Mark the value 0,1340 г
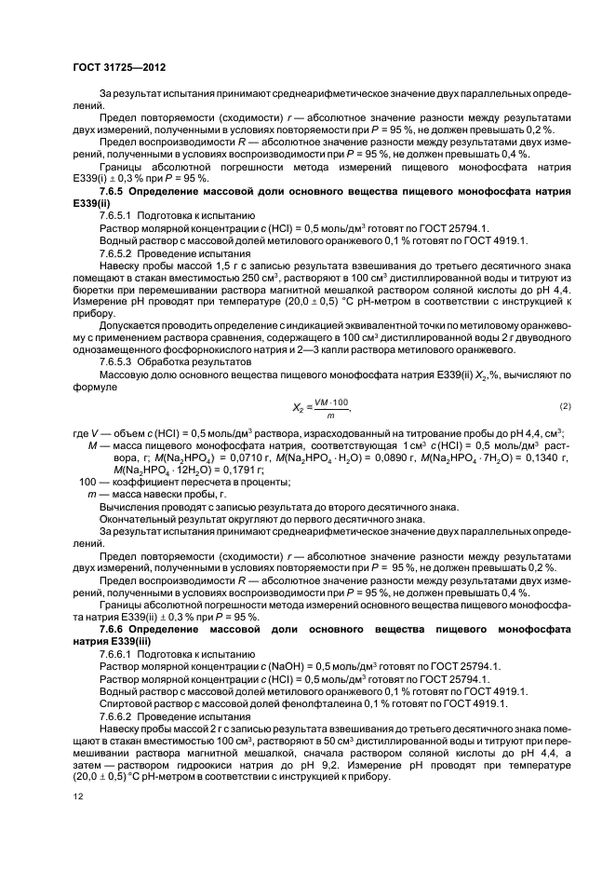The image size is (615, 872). [x=540, y=456]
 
